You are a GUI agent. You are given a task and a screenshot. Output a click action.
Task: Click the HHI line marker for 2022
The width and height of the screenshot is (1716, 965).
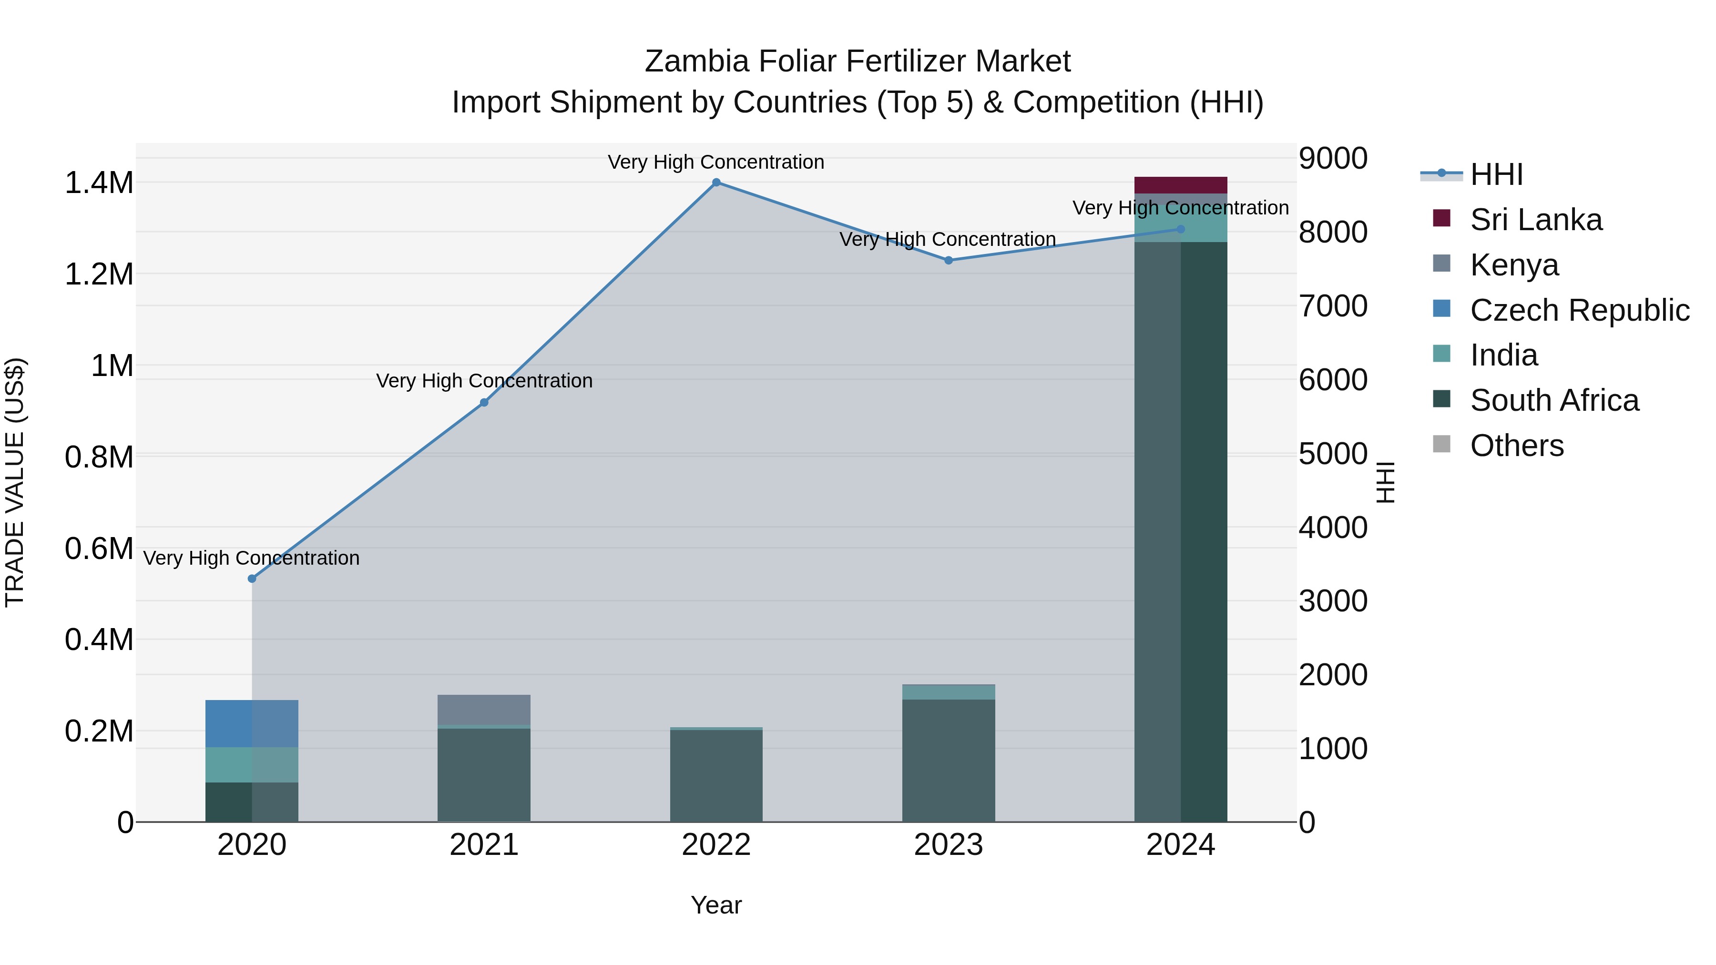(x=716, y=182)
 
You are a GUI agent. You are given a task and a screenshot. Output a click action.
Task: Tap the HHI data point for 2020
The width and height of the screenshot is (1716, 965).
(x=252, y=579)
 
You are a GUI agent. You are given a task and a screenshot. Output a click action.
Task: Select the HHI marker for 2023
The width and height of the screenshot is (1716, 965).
(x=949, y=260)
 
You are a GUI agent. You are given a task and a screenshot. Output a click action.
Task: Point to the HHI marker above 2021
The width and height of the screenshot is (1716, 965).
(x=484, y=402)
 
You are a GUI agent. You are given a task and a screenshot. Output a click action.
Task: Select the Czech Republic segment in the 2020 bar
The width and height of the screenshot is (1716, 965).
(x=252, y=723)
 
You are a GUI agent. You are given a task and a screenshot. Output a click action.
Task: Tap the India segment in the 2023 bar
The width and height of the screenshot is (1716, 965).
(x=949, y=692)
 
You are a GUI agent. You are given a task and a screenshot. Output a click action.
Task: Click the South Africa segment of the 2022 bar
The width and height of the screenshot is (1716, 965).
(x=716, y=775)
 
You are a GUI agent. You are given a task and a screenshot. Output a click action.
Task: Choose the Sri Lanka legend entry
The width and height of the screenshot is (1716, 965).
(x=1535, y=220)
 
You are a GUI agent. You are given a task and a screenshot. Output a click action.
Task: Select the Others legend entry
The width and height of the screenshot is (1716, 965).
(x=1517, y=446)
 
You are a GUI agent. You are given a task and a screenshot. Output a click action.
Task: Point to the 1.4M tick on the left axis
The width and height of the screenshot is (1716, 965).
(x=99, y=183)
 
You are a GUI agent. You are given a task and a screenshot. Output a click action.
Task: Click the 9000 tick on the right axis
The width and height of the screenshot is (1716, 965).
(x=1333, y=159)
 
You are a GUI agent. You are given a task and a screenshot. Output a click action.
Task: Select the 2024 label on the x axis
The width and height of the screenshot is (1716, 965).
(x=1180, y=845)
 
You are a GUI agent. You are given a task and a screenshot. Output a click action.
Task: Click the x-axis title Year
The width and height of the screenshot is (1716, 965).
(x=716, y=905)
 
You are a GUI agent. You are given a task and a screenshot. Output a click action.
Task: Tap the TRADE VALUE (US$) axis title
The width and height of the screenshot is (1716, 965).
(x=15, y=482)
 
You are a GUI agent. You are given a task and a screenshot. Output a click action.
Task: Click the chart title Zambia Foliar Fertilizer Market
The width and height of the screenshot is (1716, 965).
(x=858, y=61)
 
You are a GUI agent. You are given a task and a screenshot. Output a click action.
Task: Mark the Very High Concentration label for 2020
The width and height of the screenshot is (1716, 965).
(x=252, y=558)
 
